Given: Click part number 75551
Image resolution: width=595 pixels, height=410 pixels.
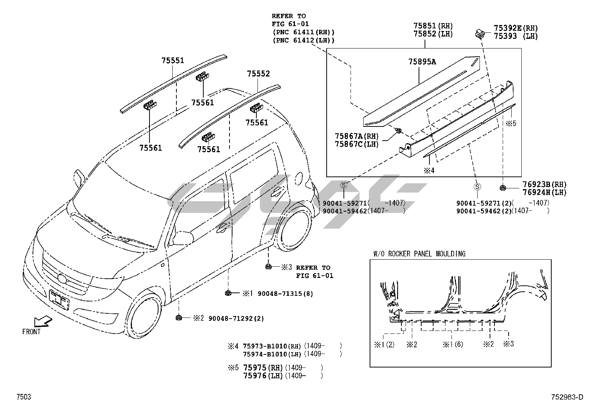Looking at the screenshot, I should pos(173,60).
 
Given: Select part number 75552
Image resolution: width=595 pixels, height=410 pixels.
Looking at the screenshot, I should pos(258,74).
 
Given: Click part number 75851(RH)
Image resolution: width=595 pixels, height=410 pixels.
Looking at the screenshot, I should pos(433,26).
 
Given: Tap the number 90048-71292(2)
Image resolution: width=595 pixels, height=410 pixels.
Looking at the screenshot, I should pos(236,318).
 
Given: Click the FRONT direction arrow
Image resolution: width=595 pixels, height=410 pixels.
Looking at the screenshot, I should pos(42,322).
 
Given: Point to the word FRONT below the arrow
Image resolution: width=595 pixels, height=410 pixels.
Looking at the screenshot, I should pos(31,332).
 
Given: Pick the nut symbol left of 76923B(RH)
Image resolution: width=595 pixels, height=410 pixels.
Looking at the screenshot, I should pos(503,188).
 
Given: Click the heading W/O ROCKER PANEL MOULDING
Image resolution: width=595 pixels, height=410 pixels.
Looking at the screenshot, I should pos(419,254).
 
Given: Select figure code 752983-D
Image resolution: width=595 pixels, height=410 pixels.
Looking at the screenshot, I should pos(566,397).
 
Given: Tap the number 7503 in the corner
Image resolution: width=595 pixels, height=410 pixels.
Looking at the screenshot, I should pos(23,397).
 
